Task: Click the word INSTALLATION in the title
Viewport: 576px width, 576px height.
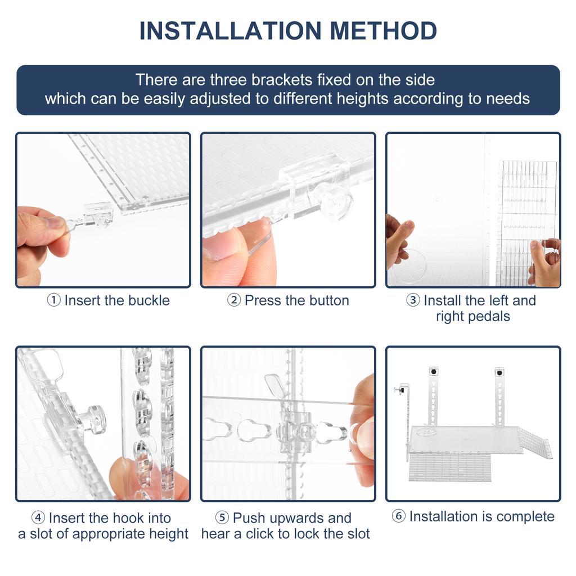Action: click(231, 31)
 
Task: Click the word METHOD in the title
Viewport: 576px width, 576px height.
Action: click(383, 31)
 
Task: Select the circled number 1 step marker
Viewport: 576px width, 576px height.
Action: click(53, 300)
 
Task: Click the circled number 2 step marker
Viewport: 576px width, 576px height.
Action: click(233, 300)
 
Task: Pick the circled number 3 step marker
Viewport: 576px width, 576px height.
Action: click(413, 300)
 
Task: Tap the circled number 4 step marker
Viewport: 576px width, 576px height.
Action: click(38, 517)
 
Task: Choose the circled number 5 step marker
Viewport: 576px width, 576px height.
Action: click(222, 517)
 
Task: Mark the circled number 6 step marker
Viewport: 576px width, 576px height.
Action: click(399, 516)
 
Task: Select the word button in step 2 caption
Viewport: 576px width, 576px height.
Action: click(328, 300)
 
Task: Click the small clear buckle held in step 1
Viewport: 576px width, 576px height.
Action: click(93, 217)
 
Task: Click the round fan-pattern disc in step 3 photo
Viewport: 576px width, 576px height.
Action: click(408, 266)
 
